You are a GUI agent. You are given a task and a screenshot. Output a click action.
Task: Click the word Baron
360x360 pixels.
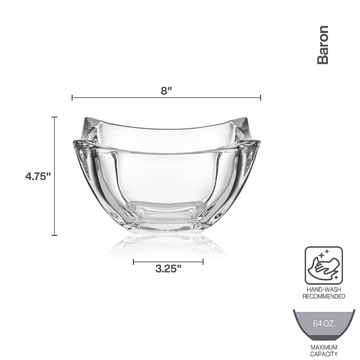(323, 45)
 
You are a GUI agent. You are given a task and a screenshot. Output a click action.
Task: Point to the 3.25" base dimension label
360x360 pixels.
(168, 268)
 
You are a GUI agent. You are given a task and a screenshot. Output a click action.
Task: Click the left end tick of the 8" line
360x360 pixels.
(72, 97)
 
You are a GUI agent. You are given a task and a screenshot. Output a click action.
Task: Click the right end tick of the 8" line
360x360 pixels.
(260, 97)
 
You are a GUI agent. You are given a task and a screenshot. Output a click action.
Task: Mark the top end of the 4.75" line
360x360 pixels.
(54, 117)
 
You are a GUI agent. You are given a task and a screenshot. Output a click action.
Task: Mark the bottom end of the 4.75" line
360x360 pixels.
(54, 235)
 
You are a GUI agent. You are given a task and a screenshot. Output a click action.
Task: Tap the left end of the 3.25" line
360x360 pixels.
(133, 262)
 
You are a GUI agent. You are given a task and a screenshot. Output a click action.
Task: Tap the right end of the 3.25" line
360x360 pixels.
(203, 262)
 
